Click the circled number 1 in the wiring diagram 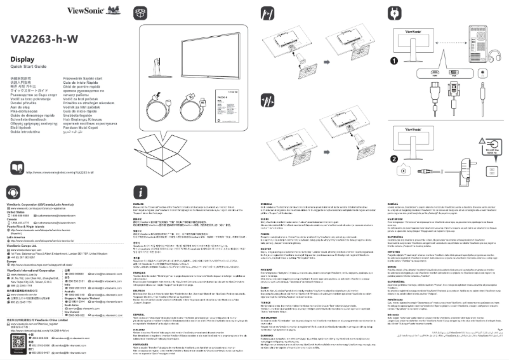pyautogui.click(x=394, y=60)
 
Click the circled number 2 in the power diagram pyautogui.click(x=394, y=159)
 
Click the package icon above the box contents pyautogui.click(x=141, y=13)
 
